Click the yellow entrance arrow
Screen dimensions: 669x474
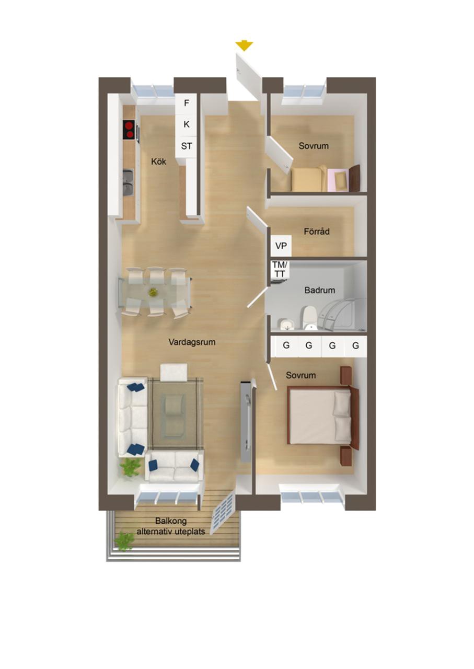tap(244, 45)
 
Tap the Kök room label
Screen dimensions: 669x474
tap(158, 162)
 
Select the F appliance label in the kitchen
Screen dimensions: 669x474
tap(187, 103)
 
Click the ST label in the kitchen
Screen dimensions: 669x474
tap(187, 146)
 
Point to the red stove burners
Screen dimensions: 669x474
tap(129, 130)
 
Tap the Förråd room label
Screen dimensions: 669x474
tap(317, 231)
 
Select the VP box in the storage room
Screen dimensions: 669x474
tap(281, 245)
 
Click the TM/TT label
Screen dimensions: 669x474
tap(279, 269)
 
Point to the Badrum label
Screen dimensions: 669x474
tap(320, 290)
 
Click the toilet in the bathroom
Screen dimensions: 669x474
tap(309, 318)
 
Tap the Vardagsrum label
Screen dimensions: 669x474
tap(192, 342)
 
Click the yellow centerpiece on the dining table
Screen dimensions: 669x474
tap(153, 292)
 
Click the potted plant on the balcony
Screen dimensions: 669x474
tap(124, 541)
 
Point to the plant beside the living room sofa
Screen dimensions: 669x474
tap(130, 466)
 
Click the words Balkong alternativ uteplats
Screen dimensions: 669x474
tap(170, 526)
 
